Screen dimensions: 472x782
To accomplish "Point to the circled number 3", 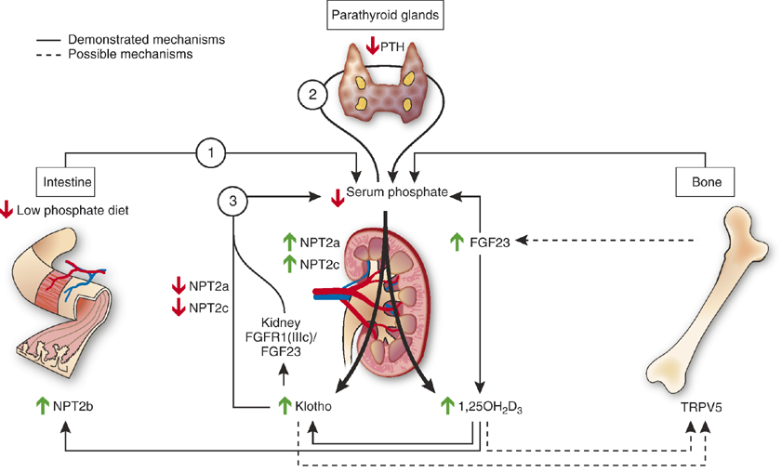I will point(233,199).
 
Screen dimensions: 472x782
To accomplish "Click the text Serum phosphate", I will point(399,192).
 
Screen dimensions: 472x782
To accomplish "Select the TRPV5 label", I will point(701,406).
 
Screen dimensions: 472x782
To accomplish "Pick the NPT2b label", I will point(77,406).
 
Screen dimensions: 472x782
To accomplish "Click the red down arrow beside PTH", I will point(373,45).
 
